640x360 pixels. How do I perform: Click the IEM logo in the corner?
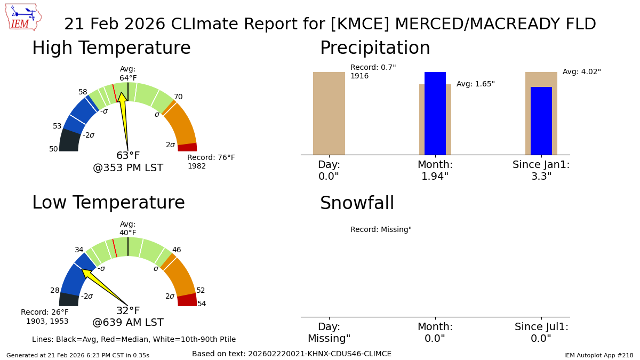(x=23, y=17)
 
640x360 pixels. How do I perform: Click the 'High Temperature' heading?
(x=111, y=49)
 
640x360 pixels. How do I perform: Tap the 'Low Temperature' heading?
(x=108, y=203)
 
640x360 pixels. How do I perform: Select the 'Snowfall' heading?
(x=357, y=204)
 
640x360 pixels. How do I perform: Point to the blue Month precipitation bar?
(x=435, y=113)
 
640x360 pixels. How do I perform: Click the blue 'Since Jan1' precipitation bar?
(x=541, y=121)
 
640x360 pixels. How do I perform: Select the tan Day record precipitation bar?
(x=329, y=113)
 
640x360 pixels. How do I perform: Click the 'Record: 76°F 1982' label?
(x=211, y=162)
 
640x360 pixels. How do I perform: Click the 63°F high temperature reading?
(x=128, y=156)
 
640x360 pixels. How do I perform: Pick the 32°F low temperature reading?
(x=128, y=311)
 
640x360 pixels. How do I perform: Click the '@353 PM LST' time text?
(x=128, y=168)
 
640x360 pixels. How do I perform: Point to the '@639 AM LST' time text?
(x=128, y=323)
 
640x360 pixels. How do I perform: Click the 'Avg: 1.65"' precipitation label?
(x=475, y=84)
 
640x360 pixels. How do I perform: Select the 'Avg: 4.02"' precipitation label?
(x=581, y=72)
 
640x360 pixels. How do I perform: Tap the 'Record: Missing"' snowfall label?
(x=381, y=230)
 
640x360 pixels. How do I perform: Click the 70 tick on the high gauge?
(x=178, y=97)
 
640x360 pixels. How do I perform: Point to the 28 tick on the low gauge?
(x=55, y=291)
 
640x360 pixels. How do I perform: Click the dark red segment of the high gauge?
(x=187, y=147)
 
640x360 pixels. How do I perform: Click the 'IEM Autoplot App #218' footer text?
(x=598, y=355)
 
